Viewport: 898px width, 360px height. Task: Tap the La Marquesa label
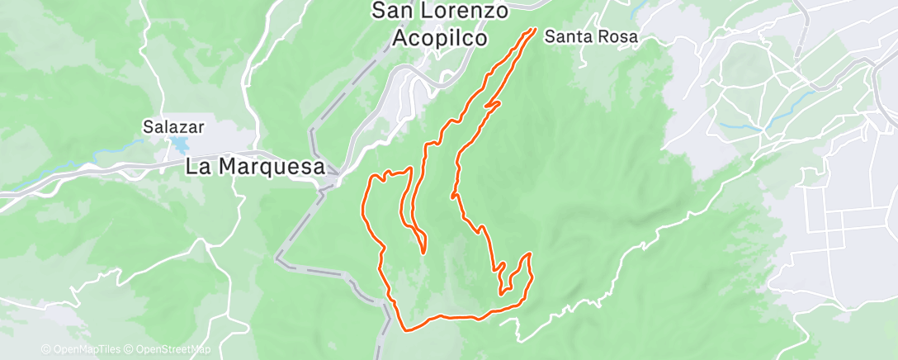coord(254,166)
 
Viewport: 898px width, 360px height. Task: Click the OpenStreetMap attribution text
coord(172,350)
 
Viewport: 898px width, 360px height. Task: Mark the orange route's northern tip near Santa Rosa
coord(535,30)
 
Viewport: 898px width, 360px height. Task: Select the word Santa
coord(566,37)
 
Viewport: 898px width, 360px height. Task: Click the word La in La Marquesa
coord(196,166)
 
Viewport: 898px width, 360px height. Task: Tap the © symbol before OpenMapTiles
coord(45,350)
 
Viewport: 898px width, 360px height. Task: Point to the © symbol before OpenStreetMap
coord(130,350)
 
